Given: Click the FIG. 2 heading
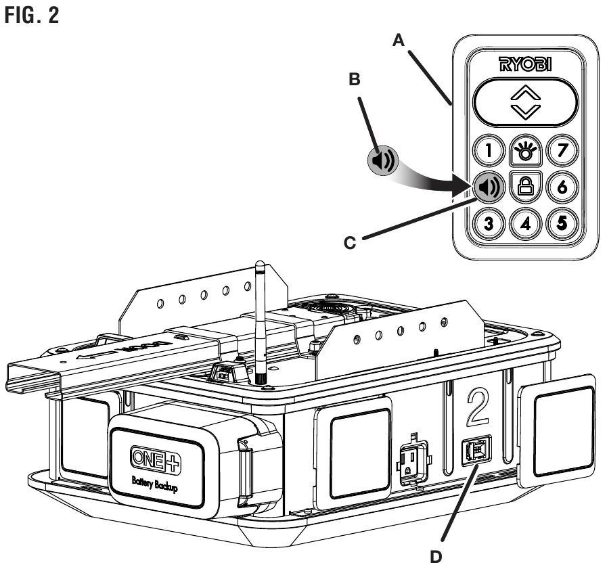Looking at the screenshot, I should (31, 15).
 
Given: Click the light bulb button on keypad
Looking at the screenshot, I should (522, 149).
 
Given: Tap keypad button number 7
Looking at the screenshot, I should (560, 149).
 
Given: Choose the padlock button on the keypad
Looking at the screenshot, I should (522, 185).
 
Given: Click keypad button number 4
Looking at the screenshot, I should (522, 222).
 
